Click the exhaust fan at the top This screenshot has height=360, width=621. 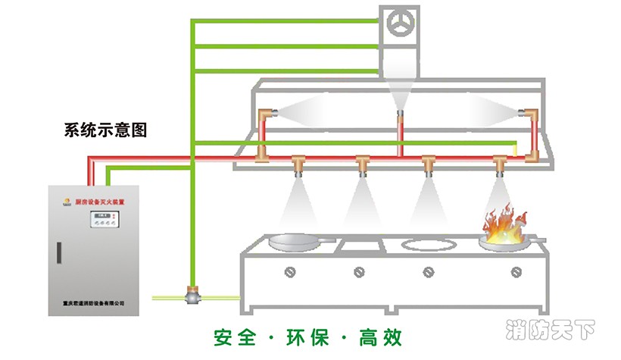click(399, 24)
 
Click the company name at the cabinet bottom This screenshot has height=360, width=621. click(94, 303)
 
